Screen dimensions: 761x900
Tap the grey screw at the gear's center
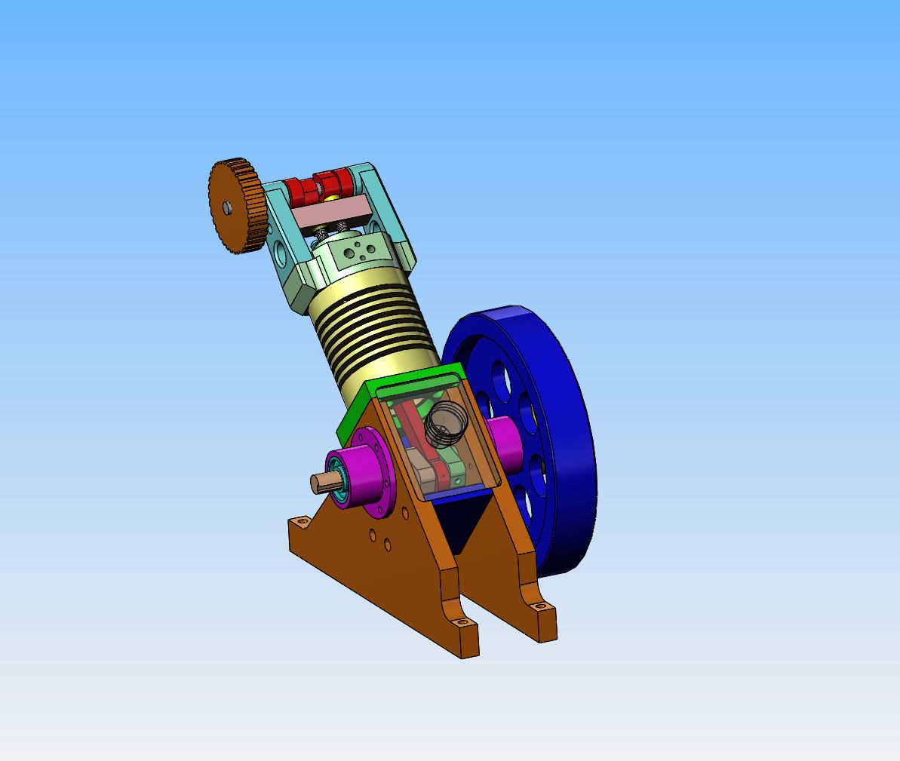(226, 206)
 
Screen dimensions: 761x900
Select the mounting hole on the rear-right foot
(538, 605)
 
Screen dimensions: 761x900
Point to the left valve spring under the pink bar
(322, 230)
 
